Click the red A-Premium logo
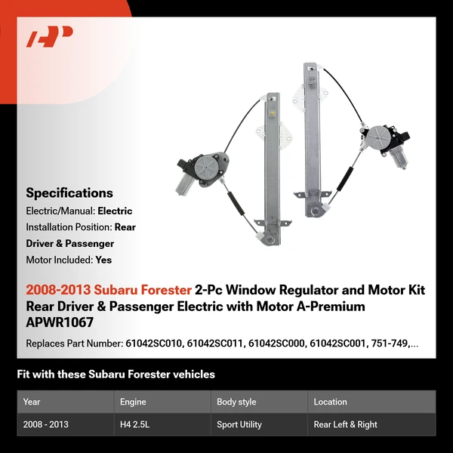tap(50, 36)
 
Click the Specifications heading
tap(69, 193)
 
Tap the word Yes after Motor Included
tap(103, 259)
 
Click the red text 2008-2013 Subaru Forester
tap(109, 290)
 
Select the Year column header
tap(32, 402)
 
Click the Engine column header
tap(133, 402)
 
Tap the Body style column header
tap(236, 402)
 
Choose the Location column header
tap(331, 402)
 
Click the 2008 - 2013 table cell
tap(46, 424)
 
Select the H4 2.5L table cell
tap(136, 424)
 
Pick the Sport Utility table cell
tap(239, 424)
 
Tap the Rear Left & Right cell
tap(346, 424)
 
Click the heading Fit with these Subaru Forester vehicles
tap(116, 374)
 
